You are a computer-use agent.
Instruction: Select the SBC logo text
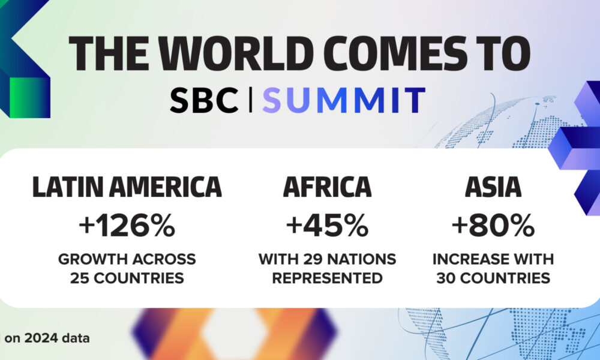tap(204, 100)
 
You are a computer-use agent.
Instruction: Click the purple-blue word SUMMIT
tap(344, 100)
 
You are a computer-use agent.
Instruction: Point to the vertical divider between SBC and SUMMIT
tap(251, 100)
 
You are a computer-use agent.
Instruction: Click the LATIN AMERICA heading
tap(127, 187)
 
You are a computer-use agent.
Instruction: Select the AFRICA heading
tap(328, 187)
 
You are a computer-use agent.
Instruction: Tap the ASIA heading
tap(493, 187)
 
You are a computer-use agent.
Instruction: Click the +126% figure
tap(127, 226)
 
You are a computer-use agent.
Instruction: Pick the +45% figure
tap(328, 226)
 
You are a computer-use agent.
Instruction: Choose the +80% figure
tap(493, 226)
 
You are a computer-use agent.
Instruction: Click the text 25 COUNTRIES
tap(127, 278)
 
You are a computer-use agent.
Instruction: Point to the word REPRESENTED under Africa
tap(328, 278)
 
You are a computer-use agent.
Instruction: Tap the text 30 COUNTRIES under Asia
tap(493, 278)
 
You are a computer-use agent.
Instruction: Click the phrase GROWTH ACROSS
tap(127, 259)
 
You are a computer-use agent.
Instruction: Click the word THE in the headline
tap(109, 53)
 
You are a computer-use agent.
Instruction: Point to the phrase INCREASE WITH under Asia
tap(493, 259)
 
